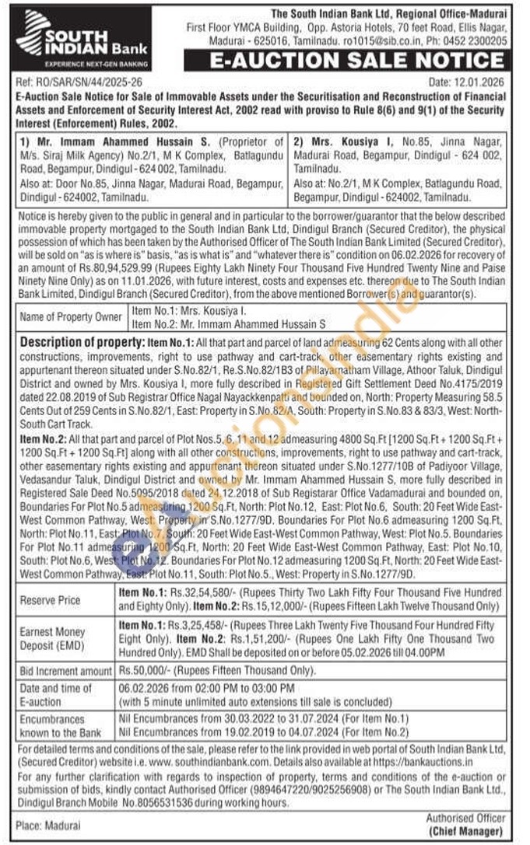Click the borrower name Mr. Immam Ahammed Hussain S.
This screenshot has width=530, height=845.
click(x=102, y=142)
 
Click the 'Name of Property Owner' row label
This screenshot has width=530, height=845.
click(x=70, y=316)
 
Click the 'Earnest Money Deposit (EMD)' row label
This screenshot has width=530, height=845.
click(x=52, y=638)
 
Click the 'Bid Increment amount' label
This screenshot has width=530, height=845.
click(x=65, y=671)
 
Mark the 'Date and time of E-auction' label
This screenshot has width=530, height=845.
click(x=55, y=694)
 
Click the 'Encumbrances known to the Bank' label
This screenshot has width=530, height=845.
click(x=60, y=726)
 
